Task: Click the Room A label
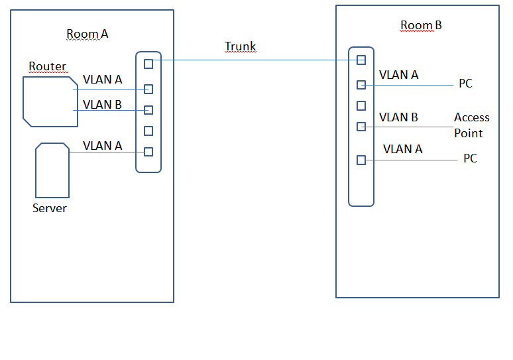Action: click(x=87, y=34)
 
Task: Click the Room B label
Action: click(x=421, y=26)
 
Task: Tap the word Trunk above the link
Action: click(x=240, y=46)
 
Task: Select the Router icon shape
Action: click(x=50, y=101)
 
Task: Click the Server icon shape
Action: click(x=52, y=170)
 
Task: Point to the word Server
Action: click(x=50, y=208)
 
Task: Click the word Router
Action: click(x=47, y=66)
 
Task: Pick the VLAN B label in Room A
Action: click(x=102, y=104)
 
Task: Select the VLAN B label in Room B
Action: click(x=398, y=117)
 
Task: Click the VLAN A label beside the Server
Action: click(x=102, y=146)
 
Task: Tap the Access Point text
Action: click(x=471, y=125)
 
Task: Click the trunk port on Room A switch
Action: click(x=148, y=64)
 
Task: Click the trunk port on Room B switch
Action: click(x=361, y=60)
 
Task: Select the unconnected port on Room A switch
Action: click(x=148, y=131)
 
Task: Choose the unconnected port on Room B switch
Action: click(x=361, y=105)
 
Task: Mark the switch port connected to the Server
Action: click(x=148, y=152)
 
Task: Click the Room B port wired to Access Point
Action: click(x=361, y=126)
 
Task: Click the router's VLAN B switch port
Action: click(x=148, y=110)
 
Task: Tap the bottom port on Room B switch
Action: click(x=361, y=160)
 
